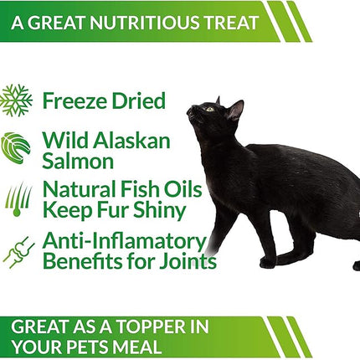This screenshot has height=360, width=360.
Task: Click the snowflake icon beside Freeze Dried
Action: coord(17,100)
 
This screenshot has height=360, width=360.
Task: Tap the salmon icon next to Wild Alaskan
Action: coord(17,147)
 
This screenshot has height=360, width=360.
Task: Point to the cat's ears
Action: coord(236,107)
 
